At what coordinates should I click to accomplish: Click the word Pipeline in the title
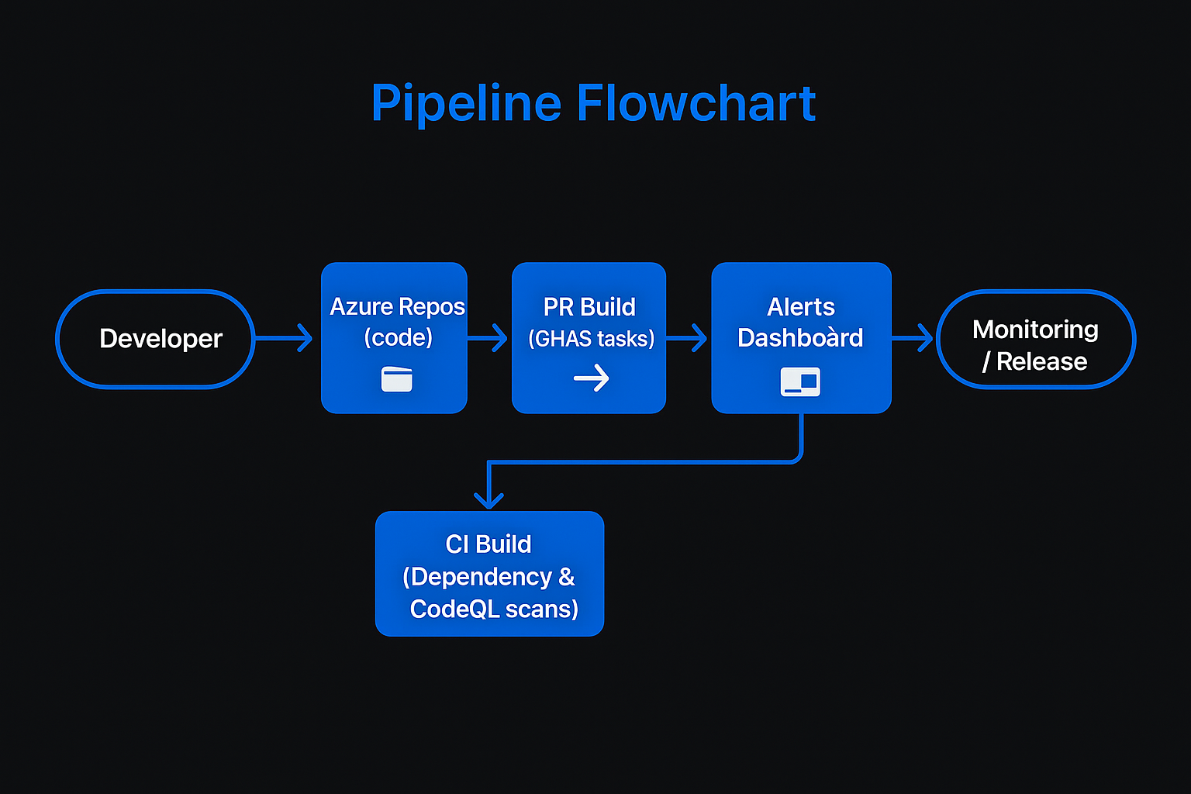[466, 104]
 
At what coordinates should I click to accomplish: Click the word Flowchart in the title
[696, 102]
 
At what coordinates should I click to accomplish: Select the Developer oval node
[155, 339]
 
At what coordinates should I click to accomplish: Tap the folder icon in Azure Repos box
[397, 379]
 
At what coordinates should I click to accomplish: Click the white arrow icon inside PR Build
[592, 378]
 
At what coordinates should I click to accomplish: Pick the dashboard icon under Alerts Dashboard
[800, 381]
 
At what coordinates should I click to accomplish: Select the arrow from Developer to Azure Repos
[284, 338]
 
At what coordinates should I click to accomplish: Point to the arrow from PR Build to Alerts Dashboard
[686, 338]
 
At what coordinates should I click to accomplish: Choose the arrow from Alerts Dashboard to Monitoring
[912, 338]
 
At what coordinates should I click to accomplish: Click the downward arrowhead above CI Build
[488, 500]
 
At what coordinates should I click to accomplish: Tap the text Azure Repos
[397, 306]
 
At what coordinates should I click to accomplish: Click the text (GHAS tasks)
[592, 339]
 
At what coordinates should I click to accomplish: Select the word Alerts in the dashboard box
[801, 307]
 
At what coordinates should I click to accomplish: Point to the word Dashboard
[800, 338]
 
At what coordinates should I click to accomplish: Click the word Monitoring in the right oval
[1035, 330]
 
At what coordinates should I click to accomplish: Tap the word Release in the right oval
[1041, 361]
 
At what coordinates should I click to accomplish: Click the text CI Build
[488, 544]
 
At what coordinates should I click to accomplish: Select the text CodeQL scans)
[494, 609]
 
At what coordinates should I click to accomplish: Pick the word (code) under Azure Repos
[399, 337]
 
